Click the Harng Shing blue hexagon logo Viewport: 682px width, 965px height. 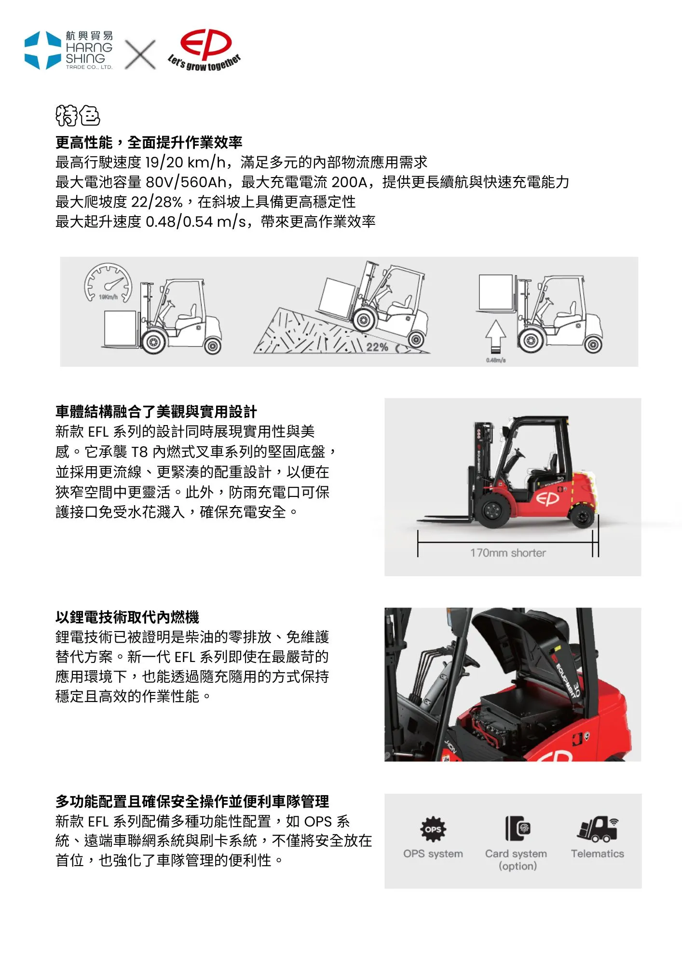coord(43,50)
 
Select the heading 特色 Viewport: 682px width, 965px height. coord(78,115)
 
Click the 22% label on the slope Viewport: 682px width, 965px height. coord(377,347)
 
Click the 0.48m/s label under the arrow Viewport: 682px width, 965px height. coord(496,360)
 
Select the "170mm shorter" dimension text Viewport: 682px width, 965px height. coord(508,553)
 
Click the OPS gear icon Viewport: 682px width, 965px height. coord(433,829)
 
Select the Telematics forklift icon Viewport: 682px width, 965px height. coord(598,829)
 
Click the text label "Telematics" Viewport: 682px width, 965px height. coord(598,854)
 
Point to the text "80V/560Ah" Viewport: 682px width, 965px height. coord(186,182)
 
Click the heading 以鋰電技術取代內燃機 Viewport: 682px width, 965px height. coord(127,617)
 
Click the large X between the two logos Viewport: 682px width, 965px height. coord(140,54)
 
